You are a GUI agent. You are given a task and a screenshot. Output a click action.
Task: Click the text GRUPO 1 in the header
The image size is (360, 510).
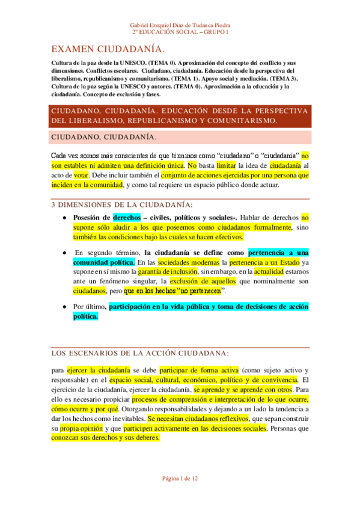(217, 31)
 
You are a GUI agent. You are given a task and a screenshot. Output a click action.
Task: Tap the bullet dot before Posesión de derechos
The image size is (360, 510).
(64, 218)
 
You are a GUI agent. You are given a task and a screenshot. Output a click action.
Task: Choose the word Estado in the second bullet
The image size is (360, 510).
(285, 262)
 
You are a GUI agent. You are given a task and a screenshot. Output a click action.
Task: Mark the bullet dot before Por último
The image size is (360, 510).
(64, 307)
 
